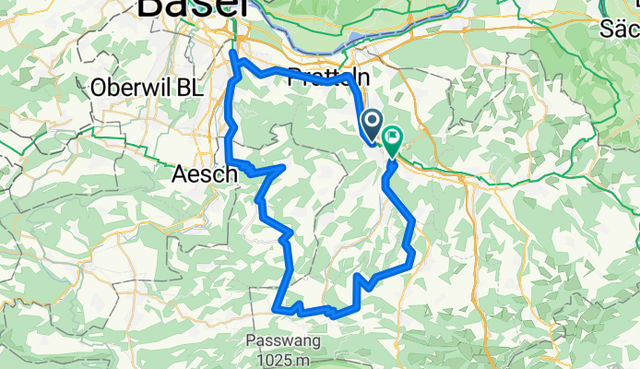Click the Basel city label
coord(192,7)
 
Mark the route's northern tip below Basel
coord(233,56)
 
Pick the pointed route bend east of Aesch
coord(281,167)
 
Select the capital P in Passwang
coord(252,340)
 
